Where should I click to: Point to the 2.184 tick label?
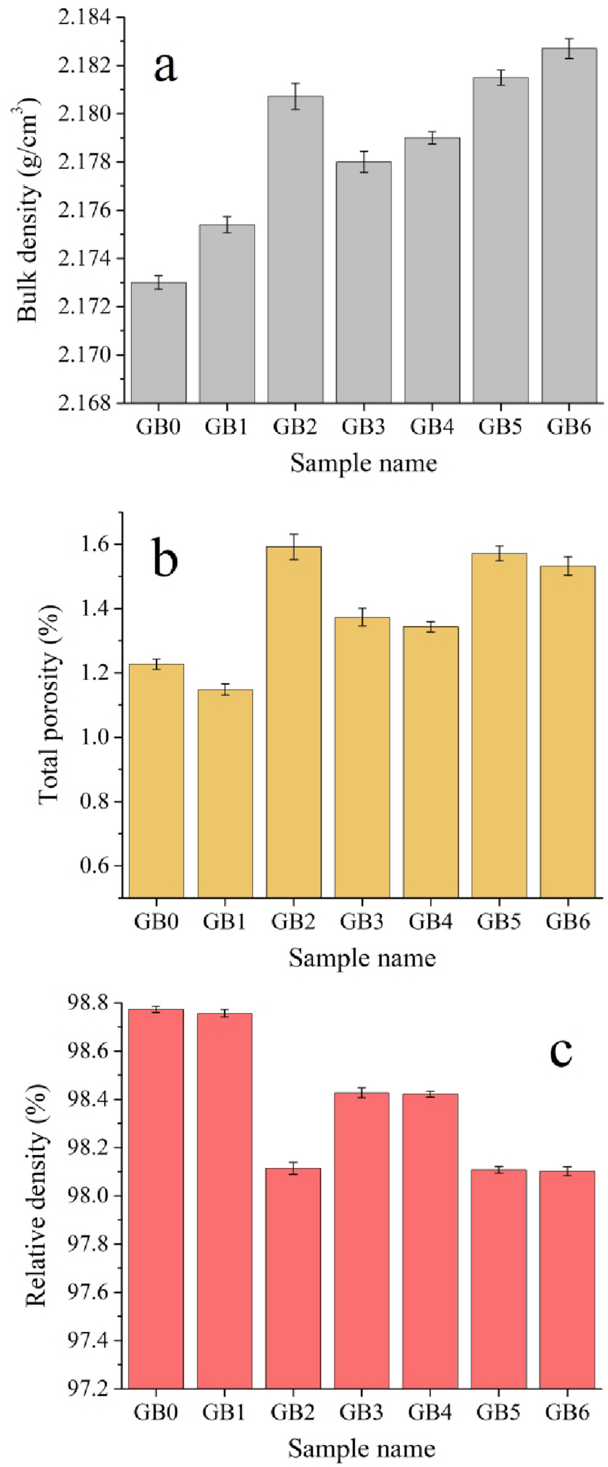[x=84, y=17]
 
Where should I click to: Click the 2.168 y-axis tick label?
[x=84, y=403]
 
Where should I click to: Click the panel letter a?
[x=165, y=67]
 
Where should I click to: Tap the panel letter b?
[x=165, y=559]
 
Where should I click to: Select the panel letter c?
[x=561, y=1052]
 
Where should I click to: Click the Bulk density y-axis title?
[x=29, y=209]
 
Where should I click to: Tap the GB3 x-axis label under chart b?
[x=362, y=922]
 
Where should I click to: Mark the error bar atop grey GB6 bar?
[x=569, y=48]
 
